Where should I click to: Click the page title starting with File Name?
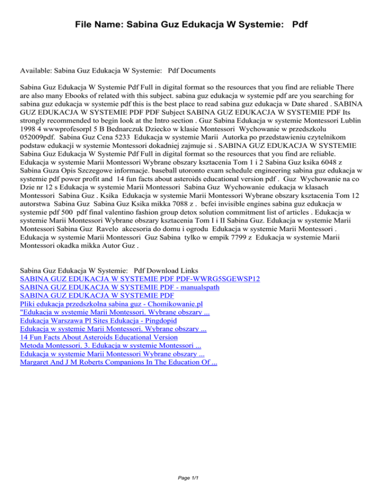(x=191, y=23)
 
